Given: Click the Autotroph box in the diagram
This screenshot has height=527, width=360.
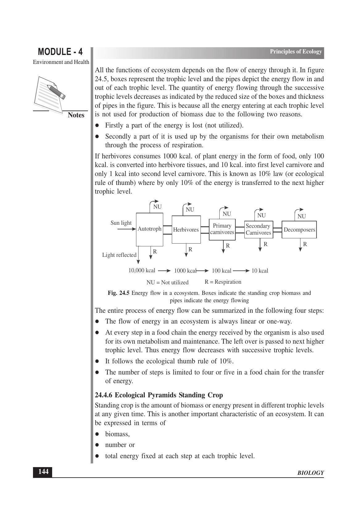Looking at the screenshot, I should click(150, 229).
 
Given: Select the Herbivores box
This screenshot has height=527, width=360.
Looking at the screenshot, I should click(186, 230).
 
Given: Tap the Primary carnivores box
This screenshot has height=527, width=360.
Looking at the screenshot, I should click(222, 229).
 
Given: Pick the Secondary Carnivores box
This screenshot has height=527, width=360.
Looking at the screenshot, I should click(258, 229).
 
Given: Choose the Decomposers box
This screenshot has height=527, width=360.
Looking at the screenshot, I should click(299, 230).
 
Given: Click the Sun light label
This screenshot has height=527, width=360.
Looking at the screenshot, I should click(121, 223).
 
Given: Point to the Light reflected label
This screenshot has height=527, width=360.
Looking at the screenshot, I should click(119, 255).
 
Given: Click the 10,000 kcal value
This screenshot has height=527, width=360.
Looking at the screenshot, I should click(142, 270).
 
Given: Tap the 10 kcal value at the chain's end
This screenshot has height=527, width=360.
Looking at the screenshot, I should click(260, 271).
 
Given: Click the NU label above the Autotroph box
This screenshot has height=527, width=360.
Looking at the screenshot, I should click(157, 207).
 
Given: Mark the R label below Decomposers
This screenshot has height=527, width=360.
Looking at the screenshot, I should click(305, 244).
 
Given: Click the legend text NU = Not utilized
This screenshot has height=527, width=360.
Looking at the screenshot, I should click(168, 282).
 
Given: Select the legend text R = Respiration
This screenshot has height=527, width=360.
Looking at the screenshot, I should click(223, 282).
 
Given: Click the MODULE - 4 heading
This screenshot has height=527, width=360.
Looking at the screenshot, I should click(60, 52).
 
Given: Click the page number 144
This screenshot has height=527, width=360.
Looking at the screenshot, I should click(43, 472).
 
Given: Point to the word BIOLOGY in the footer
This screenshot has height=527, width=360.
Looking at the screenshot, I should click(311, 473).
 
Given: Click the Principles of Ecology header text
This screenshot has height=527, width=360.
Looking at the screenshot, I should click(296, 52).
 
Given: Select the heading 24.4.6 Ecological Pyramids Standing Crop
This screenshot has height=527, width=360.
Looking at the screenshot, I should click(159, 395).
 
